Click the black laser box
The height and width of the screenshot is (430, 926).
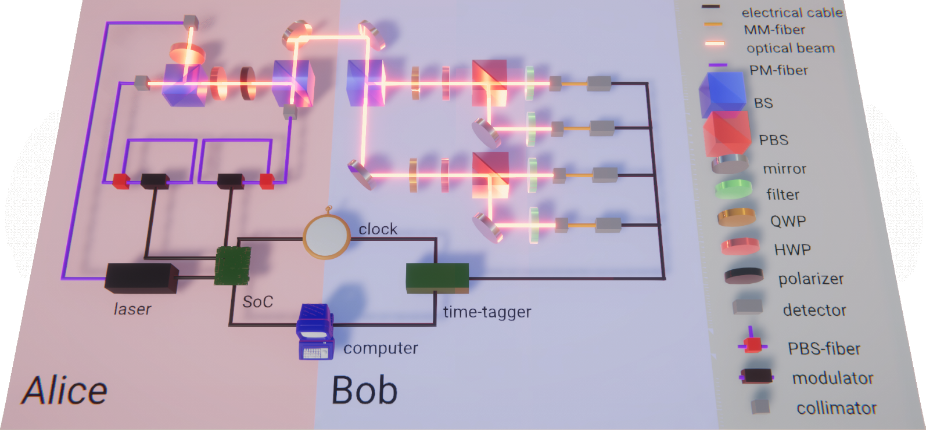click(141, 277)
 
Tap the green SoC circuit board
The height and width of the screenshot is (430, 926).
click(232, 266)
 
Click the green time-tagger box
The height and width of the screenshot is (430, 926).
click(437, 277)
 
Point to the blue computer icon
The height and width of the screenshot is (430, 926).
click(315, 331)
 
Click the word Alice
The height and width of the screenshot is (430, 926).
click(65, 391)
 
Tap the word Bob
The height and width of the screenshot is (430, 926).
click(364, 391)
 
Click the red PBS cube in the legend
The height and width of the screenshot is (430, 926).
click(727, 133)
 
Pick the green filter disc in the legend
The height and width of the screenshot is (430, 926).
click(734, 190)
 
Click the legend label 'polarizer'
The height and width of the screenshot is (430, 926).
click(811, 279)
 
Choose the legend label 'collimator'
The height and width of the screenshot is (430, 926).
click(836, 409)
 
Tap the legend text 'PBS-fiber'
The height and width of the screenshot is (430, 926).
click(824, 349)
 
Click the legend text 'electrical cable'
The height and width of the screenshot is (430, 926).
click(792, 13)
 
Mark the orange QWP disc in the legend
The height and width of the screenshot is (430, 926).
click(737, 217)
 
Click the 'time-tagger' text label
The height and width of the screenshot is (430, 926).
click(487, 312)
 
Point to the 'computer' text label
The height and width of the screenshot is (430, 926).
click(381, 348)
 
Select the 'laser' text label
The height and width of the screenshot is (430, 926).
click(132, 309)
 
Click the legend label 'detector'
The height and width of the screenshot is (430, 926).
click(814, 310)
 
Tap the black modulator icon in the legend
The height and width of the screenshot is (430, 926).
click(756, 376)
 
